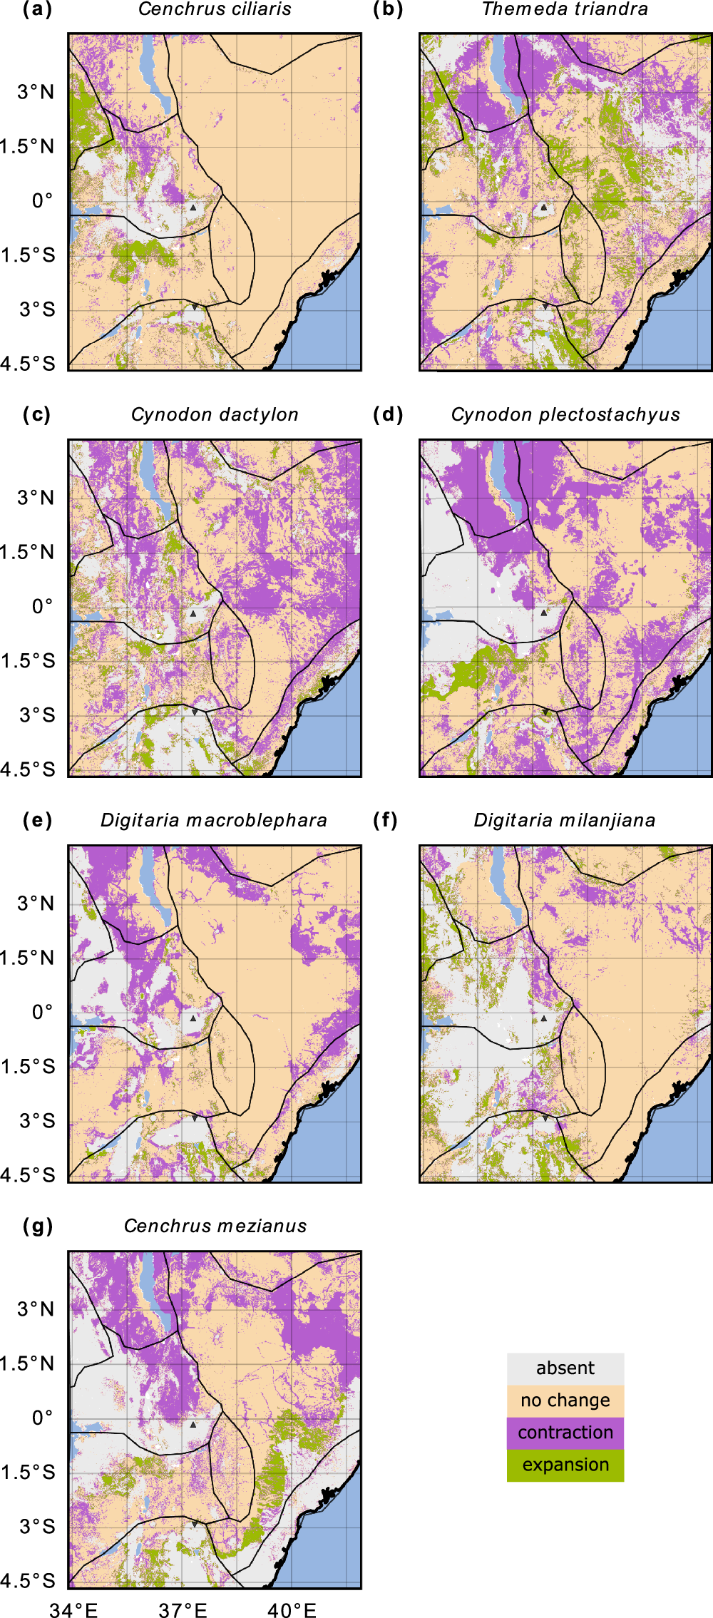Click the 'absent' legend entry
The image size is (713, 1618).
tap(565, 1368)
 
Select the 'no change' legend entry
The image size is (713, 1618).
tap(565, 1401)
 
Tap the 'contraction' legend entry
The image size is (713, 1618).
tap(565, 1433)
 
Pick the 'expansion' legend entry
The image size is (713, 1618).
tap(565, 1465)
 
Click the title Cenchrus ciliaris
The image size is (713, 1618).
tap(215, 9)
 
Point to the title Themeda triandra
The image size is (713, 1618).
tap(565, 9)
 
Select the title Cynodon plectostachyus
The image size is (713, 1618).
tap(565, 415)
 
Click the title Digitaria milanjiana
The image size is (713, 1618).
tap(565, 821)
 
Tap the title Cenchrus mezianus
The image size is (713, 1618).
tap(215, 1227)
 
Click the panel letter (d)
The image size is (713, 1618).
tap(388, 415)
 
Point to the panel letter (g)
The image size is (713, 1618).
tap(38, 1227)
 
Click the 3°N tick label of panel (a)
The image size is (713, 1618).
tap(36, 92)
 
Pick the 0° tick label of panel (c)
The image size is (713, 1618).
tap(42, 607)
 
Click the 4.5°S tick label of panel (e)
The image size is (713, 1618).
tap(28, 1175)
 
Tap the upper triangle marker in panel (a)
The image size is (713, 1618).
tap(193, 208)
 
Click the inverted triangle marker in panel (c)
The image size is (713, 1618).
tap(194, 712)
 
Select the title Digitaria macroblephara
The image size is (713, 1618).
tap(214, 821)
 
